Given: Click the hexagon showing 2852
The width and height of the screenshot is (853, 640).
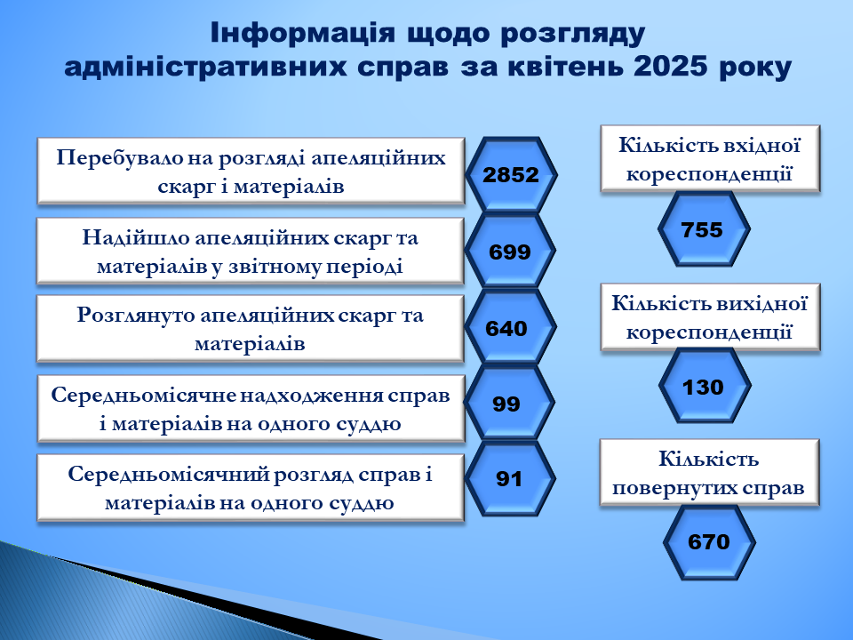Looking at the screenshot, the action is tap(511, 175).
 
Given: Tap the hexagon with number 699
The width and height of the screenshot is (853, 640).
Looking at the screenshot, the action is tap(510, 251).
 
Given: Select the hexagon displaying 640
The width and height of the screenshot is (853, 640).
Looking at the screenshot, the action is tap(510, 326).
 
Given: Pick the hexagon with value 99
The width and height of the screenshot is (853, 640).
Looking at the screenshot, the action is tap(509, 403).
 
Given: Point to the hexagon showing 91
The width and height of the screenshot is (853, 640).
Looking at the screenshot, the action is tap(510, 478).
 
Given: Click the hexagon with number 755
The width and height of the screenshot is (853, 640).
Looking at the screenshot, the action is tap(704, 228).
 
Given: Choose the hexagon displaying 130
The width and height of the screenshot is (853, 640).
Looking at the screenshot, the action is tap(705, 385).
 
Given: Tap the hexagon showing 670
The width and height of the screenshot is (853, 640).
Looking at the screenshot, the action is tap(709, 542).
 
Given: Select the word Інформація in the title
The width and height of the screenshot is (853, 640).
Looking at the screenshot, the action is tap(302, 33).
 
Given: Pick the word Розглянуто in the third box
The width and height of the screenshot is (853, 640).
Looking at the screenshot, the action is tap(135, 315).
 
